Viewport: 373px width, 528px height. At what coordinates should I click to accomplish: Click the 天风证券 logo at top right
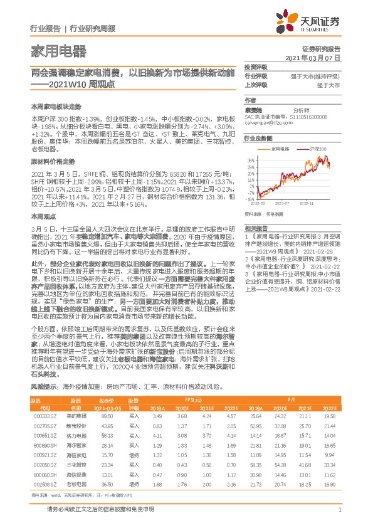click(313, 23)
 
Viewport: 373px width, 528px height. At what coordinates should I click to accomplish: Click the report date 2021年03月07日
click(312, 57)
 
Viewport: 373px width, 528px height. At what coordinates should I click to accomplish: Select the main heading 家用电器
click(58, 51)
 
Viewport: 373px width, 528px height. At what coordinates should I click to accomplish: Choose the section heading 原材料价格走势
click(53, 162)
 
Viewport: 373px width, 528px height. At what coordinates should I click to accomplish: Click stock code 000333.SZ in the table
click(41, 416)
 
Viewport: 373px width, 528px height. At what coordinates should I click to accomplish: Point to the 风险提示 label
click(43, 388)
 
